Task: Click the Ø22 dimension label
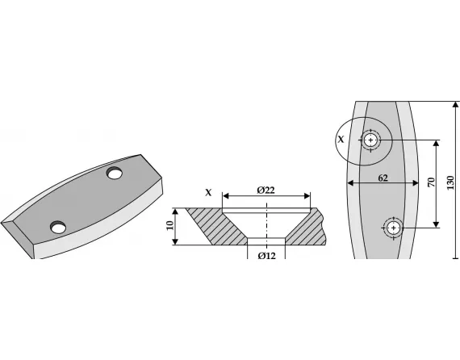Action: pyautogui.click(x=266, y=190)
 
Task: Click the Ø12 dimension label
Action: pyautogui.click(x=266, y=256)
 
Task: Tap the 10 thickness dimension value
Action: pyautogui.click(x=170, y=226)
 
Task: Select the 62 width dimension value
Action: pyautogui.click(x=383, y=178)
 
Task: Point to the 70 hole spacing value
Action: pyautogui.click(x=431, y=182)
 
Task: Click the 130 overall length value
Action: pyautogui.click(x=450, y=182)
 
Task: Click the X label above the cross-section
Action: pyautogui.click(x=208, y=192)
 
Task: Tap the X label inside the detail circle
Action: pyautogui.click(x=341, y=139)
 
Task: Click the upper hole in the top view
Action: pyautogui.click(x=370, y=140)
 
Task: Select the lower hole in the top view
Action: pyautogui.click(x=393, y=228)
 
